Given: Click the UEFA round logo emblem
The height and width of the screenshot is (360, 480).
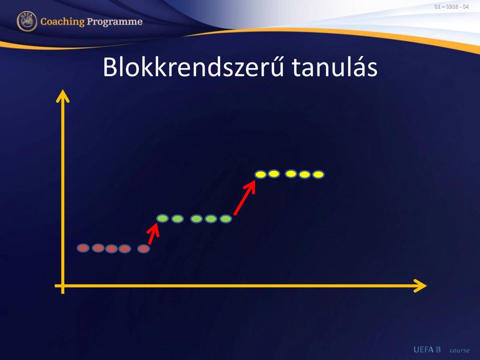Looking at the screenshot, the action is click(27, 21).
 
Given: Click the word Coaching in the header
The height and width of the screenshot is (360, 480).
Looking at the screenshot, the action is click(62, 21).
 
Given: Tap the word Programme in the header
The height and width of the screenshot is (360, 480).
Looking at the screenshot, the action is click(114, 21).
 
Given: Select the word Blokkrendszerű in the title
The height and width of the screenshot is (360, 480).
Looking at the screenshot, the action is click(193, 66).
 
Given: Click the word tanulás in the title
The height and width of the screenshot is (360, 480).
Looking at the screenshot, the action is click(334, 66).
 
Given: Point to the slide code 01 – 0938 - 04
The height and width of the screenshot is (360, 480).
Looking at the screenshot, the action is click(451, 6).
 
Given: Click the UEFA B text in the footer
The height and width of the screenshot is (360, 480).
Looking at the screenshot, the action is click(427, 349).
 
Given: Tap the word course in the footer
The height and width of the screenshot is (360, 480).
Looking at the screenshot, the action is click(459, 350).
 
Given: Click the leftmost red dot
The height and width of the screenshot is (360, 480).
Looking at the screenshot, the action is click(83, 248).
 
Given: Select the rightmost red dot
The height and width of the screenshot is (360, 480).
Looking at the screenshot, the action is click(143, 249).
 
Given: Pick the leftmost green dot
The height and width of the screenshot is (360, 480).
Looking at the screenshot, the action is click(162, 218).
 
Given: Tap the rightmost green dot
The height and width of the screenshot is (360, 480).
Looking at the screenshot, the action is click(226, 219).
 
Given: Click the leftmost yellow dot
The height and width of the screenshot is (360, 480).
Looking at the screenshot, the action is click(261, 174).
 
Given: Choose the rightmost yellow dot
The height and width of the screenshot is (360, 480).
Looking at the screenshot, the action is click(318, 174).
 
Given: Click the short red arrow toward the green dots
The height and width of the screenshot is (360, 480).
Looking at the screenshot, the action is click(153, 233).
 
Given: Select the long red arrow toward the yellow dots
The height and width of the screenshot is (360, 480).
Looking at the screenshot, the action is click(244, 198).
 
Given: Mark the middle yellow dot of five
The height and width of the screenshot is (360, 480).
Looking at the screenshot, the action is click(291, 174).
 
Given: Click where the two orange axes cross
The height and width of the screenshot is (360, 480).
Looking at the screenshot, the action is click(63, 286).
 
